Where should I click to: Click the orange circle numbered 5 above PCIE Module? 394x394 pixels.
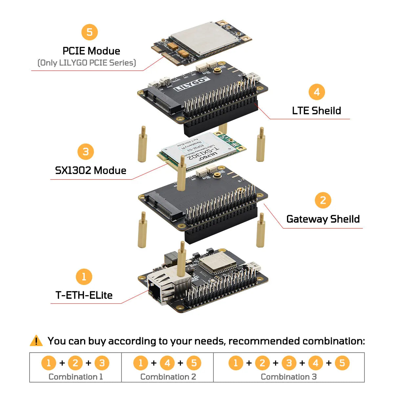point(90,32)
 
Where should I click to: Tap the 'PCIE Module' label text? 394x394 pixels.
point(91,51)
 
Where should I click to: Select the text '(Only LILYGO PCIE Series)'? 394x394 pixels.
point(87,63)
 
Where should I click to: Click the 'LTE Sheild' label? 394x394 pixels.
point(317,111)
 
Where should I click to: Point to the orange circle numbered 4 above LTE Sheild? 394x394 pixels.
point(317,92)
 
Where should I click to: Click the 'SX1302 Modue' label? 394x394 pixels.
point(91,170)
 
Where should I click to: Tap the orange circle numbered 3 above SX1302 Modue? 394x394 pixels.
point(86,152)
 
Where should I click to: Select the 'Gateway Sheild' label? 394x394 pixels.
point(323,219)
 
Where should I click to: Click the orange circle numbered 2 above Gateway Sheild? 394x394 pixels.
point(323,200)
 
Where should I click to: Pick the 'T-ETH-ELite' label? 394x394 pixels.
point(84,295)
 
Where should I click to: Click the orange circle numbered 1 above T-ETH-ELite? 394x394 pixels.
point(84,277)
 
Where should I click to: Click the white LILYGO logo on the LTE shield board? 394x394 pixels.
point(191,84)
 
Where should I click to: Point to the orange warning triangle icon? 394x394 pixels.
point(36,341)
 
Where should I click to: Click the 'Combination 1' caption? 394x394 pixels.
point(76,377)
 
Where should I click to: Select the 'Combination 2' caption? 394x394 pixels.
point(168,377)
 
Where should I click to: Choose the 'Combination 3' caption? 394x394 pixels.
point(289,377)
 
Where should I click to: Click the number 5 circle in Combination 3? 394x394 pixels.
point(342,363)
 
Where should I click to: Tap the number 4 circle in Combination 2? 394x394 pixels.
point(167,363)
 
